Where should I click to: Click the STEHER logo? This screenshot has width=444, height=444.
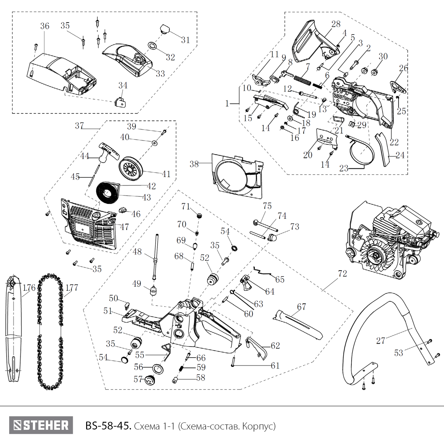[41, 425]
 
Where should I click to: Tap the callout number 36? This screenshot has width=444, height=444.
[45, 26]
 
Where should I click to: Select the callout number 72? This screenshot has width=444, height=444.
[342, 274]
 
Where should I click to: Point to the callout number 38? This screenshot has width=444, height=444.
[194, 164]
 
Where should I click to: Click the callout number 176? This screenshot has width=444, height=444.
[29, 287]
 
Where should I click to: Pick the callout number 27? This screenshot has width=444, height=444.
[381, 341]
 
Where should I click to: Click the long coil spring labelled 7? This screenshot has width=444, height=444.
[302, 80]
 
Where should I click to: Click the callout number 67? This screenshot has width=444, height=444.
[301, 307]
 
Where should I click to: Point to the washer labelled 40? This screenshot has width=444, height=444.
[155, 143]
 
